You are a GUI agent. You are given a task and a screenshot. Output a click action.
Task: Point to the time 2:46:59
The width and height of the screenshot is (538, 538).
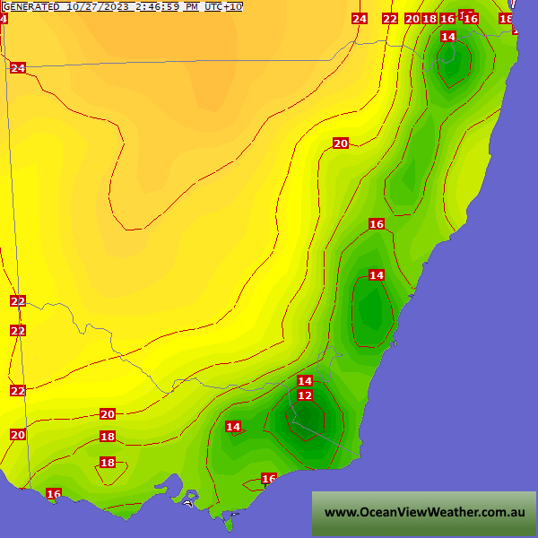click(x=155, y=6)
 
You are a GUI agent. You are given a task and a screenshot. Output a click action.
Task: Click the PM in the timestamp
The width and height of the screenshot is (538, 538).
click(x=192, y=6)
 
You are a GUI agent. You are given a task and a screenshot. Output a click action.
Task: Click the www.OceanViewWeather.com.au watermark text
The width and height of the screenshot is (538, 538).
click(x=424, y=513)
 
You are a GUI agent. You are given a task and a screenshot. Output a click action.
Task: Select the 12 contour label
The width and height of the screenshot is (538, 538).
click(x=305, y=395)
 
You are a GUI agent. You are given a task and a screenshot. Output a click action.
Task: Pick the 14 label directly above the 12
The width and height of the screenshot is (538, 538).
click(x=305, y=381)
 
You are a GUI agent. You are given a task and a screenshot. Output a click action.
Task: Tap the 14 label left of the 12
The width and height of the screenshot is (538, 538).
click(x=233, y=427)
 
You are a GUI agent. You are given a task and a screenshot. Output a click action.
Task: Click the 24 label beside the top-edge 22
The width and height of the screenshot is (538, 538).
click(x=360, y=19)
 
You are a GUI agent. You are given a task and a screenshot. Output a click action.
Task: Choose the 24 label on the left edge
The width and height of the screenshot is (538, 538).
click(x=18, y=68)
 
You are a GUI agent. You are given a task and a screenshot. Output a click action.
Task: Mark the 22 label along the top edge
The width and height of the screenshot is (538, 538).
click(x=389, y=19)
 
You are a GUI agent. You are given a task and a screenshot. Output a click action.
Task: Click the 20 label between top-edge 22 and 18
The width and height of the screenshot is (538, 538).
click(x=412, y=19)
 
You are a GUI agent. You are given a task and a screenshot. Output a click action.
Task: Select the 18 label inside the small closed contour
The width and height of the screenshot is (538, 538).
click(x=108, y=463)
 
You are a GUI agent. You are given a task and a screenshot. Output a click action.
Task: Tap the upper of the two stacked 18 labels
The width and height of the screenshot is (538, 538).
click(x=108, y=437)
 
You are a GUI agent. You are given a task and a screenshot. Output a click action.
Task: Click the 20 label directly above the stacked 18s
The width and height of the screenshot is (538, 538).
click(x=108, y=414)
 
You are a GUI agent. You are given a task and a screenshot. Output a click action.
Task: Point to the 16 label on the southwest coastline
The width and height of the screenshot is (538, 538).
click(x=54, y=494)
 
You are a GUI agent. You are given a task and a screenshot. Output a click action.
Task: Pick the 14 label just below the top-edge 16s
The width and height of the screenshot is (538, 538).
click(x=448, y=37)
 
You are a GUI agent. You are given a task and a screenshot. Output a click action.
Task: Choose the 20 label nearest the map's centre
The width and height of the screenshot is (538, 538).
click(x=340, y=143)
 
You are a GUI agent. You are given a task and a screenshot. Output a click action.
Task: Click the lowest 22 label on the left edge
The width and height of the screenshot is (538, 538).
click(x=18, y=391)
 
